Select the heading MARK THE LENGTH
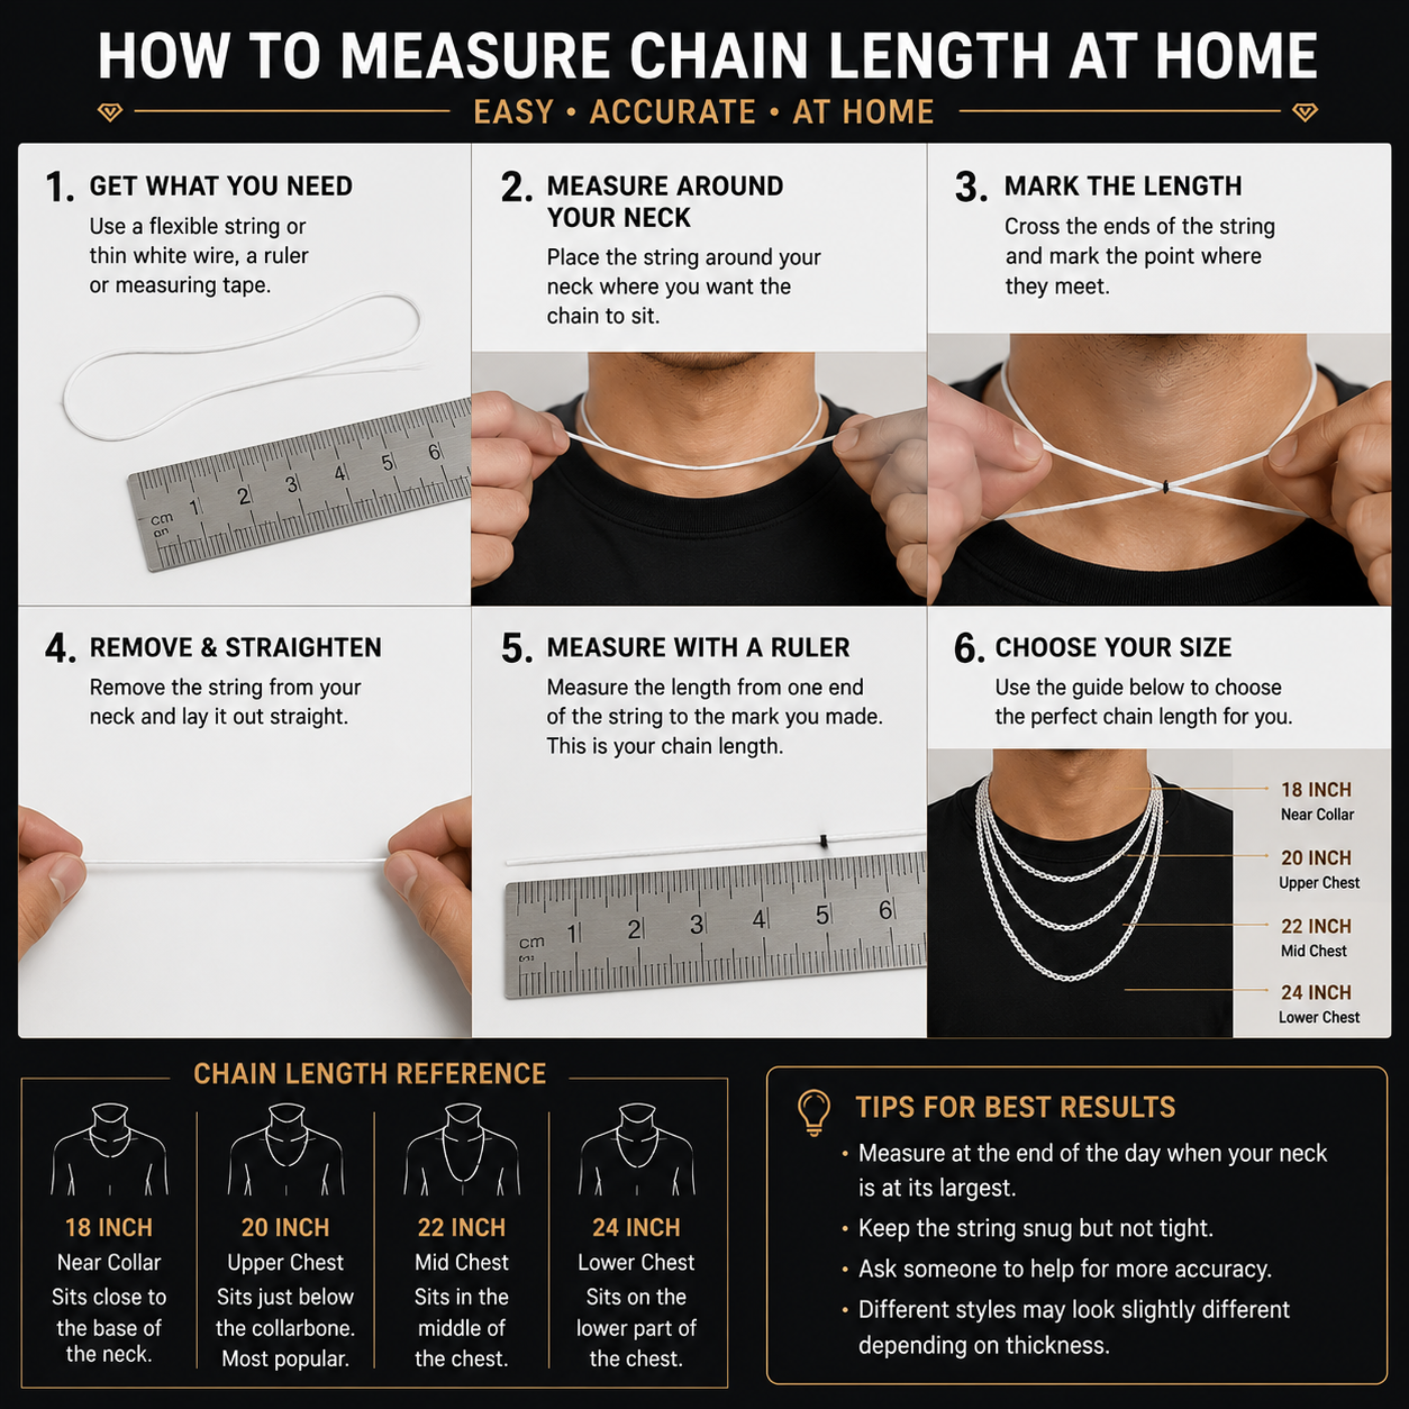click(x=1123, y=186)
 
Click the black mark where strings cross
click(x=1165, y=487)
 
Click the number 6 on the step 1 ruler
click(x=434, y=452)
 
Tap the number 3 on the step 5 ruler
click(x=697, y=925)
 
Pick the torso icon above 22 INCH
click(x=462, y=1149)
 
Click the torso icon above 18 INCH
click(x=109, y=1149)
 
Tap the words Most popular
click(x=285, y=1359)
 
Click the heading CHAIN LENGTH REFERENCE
click(x=370, y=1074)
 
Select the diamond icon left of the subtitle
click(x=110, y=112)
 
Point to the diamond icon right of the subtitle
click(x=1305, y=112)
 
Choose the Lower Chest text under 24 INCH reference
click(x=636, y=1262)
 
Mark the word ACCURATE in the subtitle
click(x=673, y=112)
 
